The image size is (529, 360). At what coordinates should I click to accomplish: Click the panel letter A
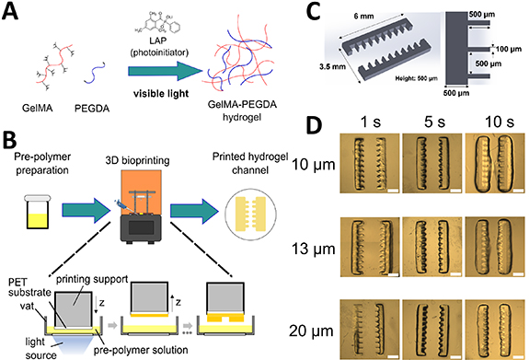point(13,12)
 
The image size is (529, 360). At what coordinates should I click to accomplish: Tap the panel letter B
point(12,141)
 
